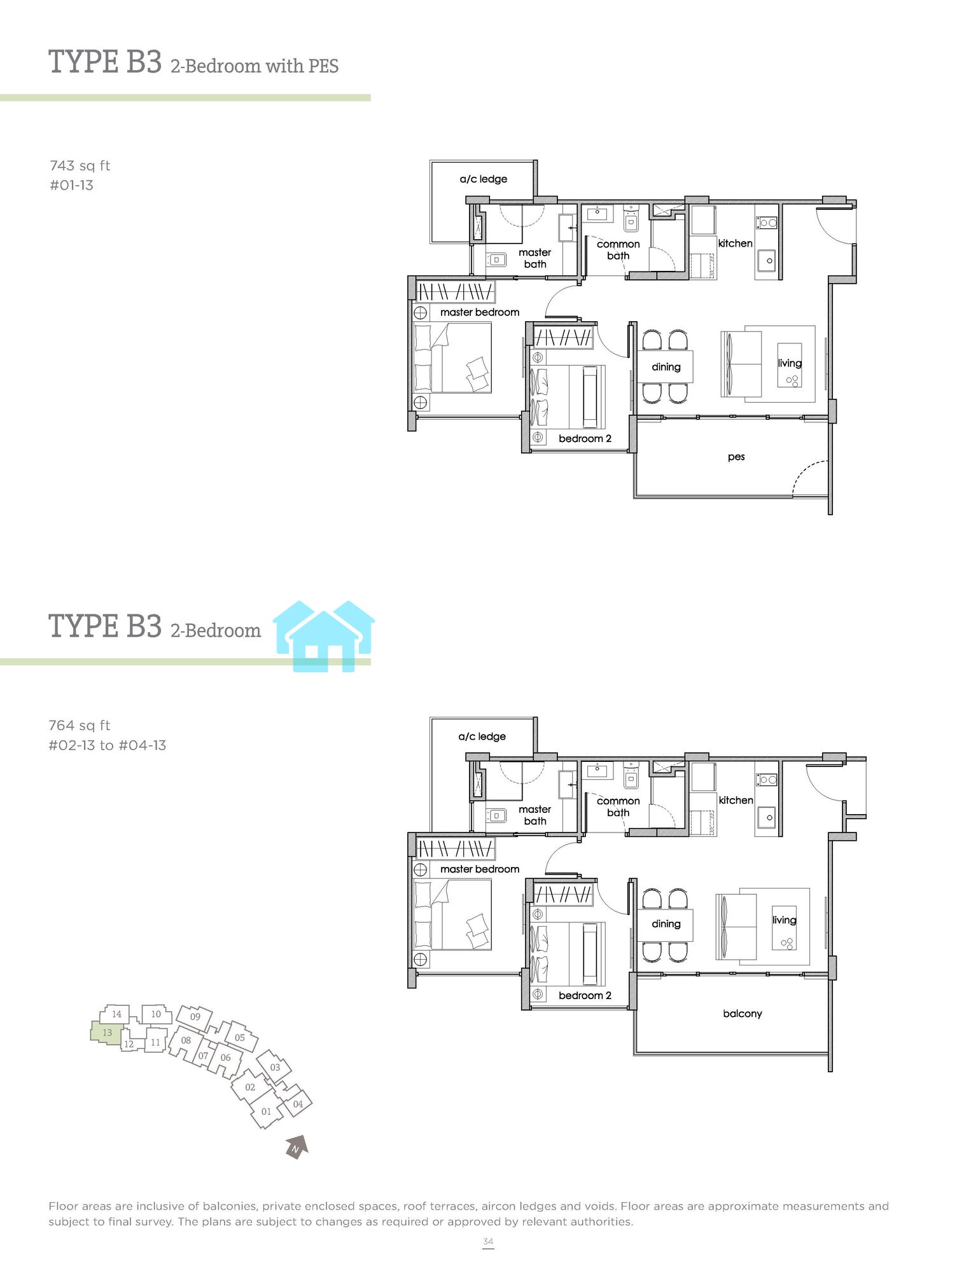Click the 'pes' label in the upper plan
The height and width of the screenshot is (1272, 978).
pyautogui.click(x=736, y=457)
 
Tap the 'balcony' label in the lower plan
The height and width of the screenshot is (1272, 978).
pyautogui.click(x=743, y=1014)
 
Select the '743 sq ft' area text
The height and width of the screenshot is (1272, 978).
pyautogui.click(x=80, y=166)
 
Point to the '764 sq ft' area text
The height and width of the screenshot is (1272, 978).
pyautogui.click(x=80, y=726)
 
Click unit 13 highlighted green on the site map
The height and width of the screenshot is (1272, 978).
pyautogui.click(x=106, y=1032)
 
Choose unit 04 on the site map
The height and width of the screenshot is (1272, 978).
pyautogui.click(x=297, y=1104)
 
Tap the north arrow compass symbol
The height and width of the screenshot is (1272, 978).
pyautogui.click(x=297, y=1147)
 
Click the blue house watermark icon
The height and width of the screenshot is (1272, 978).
pyautogui.click(x=324, y=636)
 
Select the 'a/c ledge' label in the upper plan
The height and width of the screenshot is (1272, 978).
pyautogui.click(x=484, y=179)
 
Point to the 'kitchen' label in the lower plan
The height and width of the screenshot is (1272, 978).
pyautogui.click(x=736, y=800)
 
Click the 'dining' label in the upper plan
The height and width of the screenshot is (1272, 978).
pyautogui.click(x=666, y=368)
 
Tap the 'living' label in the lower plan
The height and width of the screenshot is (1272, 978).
pyautogui.click(x=785, y=920)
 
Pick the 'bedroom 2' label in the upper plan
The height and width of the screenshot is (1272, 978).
pyautogui.click(x=585, y=439)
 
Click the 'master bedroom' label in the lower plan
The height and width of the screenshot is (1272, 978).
pyautogui.click(x=480, y=869)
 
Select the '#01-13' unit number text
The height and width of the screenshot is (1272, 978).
pyautogui.click(x=71, y=186)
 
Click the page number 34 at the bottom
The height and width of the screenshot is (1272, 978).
pyautogui.click(x=488, y=1241)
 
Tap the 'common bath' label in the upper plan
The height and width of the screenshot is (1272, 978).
pyautogui.click(x=618, y=250)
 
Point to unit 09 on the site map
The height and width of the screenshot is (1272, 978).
pyautogui.click(x=195, y=1016)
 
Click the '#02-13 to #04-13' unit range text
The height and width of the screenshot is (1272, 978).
pyautogui.click(x=108, y=745)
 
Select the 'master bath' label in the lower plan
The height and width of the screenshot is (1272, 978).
pyautogui.click(x=535, y=815)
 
